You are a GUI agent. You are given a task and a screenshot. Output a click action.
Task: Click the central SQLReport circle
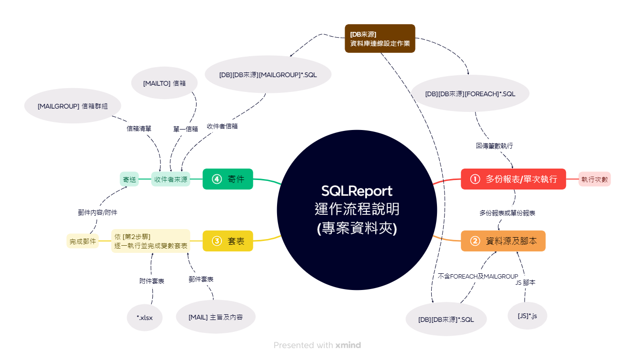[x=357, y=210]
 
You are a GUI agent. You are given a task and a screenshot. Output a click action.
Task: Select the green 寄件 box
[x=228, y=179]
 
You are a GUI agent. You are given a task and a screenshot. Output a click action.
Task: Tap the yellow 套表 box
[x=228, y=241]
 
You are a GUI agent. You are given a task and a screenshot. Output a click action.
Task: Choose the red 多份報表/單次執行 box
[x=513, y=179]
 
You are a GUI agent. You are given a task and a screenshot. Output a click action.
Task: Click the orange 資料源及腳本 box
[x=503, y=241]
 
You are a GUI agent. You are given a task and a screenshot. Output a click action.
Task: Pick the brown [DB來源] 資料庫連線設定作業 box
[x=380, y=39]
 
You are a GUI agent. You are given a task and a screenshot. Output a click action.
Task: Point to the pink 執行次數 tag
[x=595, y=180]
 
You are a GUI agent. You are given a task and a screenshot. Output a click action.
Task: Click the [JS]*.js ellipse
[x=527, y=315]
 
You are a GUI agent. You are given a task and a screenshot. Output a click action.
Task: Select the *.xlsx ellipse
[x=145, y=318]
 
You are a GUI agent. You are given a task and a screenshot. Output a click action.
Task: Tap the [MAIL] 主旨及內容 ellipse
[x=216, y=317]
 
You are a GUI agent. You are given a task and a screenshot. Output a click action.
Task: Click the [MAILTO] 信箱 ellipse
[x=164, y=83]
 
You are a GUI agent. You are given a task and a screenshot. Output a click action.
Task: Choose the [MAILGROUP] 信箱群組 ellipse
[x=73, y=106]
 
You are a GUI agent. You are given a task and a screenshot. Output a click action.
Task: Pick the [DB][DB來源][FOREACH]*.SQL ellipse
[x=470, y=94]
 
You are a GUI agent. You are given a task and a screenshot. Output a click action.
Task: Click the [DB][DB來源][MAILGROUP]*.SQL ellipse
[x=268, y=74]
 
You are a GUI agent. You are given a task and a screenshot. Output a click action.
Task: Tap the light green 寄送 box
[x=129, y=180]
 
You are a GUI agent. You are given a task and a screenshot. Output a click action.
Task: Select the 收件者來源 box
[x=171, y=180]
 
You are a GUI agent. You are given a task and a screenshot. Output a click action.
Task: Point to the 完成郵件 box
[x=83, y=241]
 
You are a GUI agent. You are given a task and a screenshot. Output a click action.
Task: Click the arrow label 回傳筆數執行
[x=494, y=146]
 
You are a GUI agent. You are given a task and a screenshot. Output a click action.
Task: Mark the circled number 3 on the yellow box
[x=217, y=241]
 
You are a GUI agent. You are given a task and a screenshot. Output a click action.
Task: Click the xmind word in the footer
[x=348, y=345]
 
